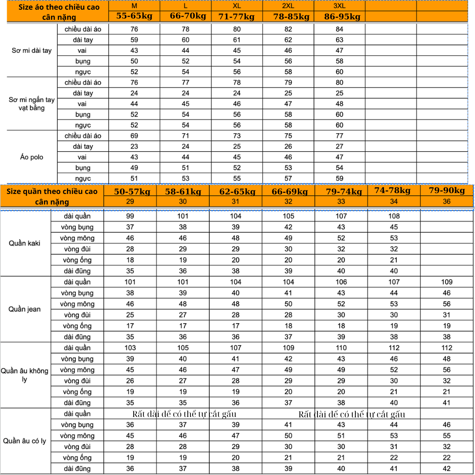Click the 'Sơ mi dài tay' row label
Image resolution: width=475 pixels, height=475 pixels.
[x=32, y=51]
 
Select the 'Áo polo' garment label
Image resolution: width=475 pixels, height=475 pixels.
[x=32, y=157]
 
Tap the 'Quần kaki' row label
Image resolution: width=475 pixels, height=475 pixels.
[x=25, y=243]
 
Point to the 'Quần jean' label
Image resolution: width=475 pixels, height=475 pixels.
[x=25, y=309]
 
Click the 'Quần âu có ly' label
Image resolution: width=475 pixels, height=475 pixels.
[x=25, y=441]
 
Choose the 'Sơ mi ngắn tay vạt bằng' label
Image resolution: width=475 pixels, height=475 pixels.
[x=32, y=104]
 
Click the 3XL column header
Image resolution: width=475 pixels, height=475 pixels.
[x=340, y=6]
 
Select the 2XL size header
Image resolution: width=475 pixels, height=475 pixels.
[x=288, y=6]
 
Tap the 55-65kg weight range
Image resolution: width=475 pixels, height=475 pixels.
[x=134, y=16]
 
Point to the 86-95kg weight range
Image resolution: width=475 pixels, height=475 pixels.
[x=342, y=17]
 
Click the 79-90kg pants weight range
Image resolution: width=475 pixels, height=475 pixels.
[x=447, y=190]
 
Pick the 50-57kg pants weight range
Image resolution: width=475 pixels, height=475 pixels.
[x=132, y=192]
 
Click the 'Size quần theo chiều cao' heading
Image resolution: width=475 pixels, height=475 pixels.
[x=52, y=191]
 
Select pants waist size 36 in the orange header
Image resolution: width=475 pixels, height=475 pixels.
[x=447, y=201]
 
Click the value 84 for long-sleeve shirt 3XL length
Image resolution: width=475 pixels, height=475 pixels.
[x=340, y=29]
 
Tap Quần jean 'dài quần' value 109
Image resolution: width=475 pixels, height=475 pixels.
[x=447, y=282]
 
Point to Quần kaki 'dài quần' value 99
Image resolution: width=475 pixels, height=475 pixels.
[x=130, y=216]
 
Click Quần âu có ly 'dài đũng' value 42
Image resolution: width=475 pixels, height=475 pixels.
[x=447, y=468]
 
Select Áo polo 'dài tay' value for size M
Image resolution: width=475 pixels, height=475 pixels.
[x=134, y=146]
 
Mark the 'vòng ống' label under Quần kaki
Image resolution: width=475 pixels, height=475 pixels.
[x=77, y=260]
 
